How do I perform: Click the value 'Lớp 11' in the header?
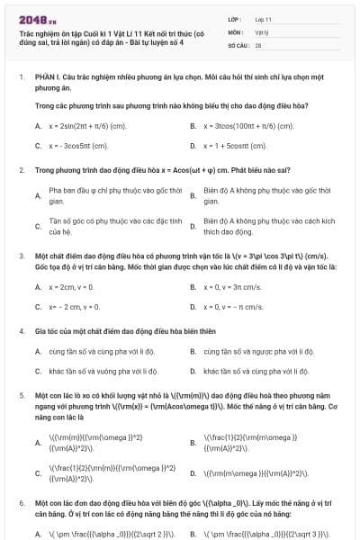[264, 17]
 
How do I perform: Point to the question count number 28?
[258, 44]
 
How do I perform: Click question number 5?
[21, 394]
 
